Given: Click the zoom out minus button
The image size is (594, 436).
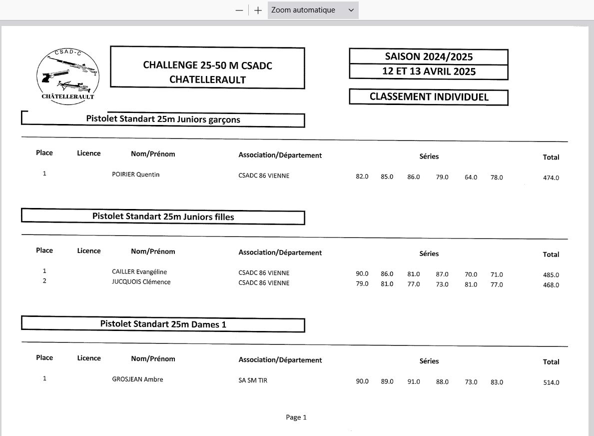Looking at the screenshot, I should (x=239, y=10).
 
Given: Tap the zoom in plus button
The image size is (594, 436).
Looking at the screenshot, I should (x=258, y=10).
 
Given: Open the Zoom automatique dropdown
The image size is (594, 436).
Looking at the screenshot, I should (x=313, y=10).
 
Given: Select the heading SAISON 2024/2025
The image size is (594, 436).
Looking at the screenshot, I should (x=429, y=56).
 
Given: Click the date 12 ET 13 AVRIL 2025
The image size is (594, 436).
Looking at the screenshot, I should (x=429, y=71).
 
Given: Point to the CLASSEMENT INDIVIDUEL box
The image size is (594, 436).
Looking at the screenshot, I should (x=429, y=97).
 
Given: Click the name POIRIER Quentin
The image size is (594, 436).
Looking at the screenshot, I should (x=136, y=174).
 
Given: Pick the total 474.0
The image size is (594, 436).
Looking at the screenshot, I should (x=551, y=178).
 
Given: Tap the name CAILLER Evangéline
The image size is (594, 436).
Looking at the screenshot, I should (x=139, y=272).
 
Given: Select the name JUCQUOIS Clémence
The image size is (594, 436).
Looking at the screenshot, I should (x=141, y=282).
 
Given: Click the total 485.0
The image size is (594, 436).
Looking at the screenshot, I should (x=551, y=275).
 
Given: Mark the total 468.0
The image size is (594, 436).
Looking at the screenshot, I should (x=551, y=285).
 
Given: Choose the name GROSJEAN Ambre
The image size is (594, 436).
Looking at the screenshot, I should (x=137, y=379).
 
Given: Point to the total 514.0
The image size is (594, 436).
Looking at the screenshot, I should (x=551, y=383).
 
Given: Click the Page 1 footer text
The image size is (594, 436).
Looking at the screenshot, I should (x=296, y=417).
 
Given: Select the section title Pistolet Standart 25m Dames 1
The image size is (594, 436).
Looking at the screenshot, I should (x=163, y=324).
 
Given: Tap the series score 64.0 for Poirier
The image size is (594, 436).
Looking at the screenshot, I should (x=471, y=177).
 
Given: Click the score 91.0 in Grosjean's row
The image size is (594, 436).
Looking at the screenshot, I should (x=414, y=382).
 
